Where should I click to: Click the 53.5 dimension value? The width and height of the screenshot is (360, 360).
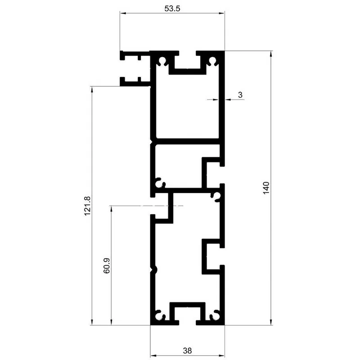pyautogui.click(x=172, y=9)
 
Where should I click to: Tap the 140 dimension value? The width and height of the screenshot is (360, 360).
pyautogui.click(x=266, y=188)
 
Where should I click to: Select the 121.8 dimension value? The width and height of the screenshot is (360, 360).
pyautogui.click(x=87, y=206)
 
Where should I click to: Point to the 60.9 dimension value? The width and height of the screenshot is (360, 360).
pyautogui.click(x=107, y=265)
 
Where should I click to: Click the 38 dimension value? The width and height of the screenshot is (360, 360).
pyautogui.click(x=187, y=351)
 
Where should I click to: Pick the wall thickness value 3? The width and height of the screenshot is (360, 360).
pyautogui.click(x=240, y=94)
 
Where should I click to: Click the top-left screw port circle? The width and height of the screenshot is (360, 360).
pyautogui.click(x=162, y=60)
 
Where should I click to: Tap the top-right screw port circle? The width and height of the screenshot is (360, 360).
pyautogui.click(x=212, y=60)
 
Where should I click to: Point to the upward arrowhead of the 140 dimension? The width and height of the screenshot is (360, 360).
pyautogui.click(x=271, y=54)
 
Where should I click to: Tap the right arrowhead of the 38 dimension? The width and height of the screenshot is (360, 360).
pyautogui.click(x=221, y=356)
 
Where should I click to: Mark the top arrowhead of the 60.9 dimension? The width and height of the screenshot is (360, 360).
pyautogui.click(x=111, y=209)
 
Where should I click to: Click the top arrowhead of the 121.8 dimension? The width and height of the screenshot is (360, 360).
pyautogui.click(x=92, y=89)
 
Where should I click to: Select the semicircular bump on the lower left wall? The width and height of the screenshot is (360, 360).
pyautogui.click(x=155, y=269)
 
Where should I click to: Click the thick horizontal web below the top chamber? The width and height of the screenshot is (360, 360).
pyautogui.click(x=187, y=141)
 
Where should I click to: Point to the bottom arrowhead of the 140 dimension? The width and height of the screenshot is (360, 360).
pyautogui.click(x=271, y=322)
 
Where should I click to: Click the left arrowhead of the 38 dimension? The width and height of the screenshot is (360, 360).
pyautogui.click(x=153, y=356)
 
